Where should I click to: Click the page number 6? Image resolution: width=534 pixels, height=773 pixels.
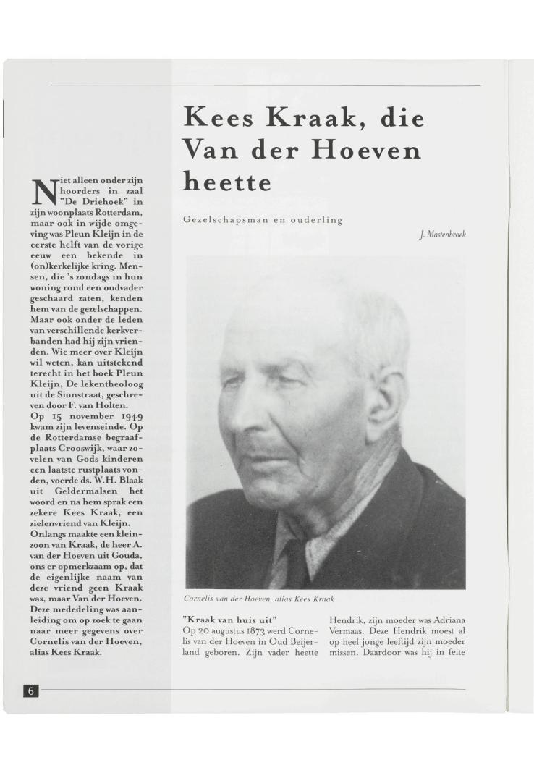[31, 690]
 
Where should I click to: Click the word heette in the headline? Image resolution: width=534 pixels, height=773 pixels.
[228, 181]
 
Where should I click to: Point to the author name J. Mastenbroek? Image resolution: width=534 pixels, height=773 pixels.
[441, 235]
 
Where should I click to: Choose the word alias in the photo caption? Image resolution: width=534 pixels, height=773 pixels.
[289, 599]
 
